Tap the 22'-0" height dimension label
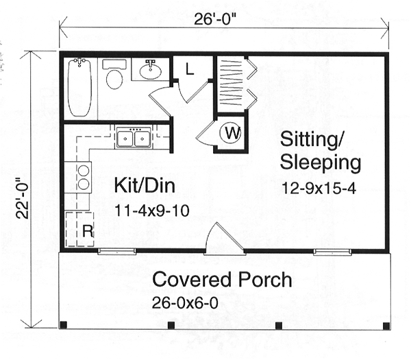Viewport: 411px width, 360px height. pyautogui.click(x=22, y=198)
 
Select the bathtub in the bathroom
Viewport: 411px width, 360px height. pyautogui.click(x=79, y=87)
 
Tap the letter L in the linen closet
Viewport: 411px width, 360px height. pyautogui.click(x=189, y=69)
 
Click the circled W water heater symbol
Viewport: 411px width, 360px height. pyautogui.click(x=230, y=133)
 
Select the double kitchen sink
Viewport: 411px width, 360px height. pyautogui.click(x=134, y=137)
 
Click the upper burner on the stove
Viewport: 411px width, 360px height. pyautogui.click(x=84, y=171)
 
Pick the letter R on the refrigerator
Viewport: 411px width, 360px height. pyautogui.click(x=88, y=231)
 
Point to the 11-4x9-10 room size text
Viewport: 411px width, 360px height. pyautogui.click(x=152, y=211)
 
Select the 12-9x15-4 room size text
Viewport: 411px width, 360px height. pyautogui.click(x=319, y=188)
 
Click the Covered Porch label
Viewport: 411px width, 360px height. pyautogui.click(x=222, y=280)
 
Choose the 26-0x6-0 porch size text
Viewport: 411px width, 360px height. pyautogui.click(x=185, y=303)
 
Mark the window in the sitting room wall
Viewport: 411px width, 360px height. pyautogui.click(x=332, y=252)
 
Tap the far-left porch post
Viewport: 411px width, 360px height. pyautogui.click(x=64, y=325)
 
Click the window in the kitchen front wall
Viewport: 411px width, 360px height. pyautogui.click(x=117, y=252)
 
